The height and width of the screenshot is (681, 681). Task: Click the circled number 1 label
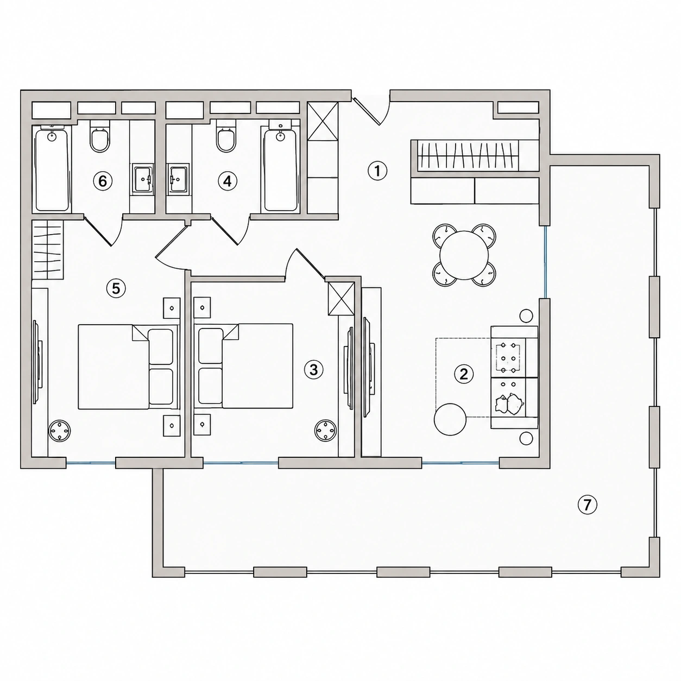click(x=377, y=171)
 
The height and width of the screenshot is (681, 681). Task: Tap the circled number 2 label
click(x=463, y=374)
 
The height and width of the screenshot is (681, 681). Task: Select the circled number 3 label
click(x=313, y=370)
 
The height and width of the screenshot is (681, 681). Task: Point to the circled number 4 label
click(x=227, y=181)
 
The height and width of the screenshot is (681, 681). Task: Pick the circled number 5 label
click(x=116, y=288)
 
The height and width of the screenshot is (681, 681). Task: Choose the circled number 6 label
click(x=103, y=181)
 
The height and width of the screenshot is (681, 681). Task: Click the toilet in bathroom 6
click(x=100, y=136)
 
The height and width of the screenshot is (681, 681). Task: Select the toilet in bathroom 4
click(x=226, y=136)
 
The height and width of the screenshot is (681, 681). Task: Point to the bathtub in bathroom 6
click(x=52, y=168)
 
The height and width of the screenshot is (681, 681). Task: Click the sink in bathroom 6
click(x=143, y=179)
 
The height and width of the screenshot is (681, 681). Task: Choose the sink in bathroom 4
click(x=178, y=179)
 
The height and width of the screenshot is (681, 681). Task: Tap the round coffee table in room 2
click(x=450, y=419)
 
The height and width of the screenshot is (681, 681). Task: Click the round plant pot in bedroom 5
click(x=60, y=431)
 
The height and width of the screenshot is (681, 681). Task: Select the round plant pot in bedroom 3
click(x=325, y=431)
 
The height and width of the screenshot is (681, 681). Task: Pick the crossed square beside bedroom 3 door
click(x=341, y=299)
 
